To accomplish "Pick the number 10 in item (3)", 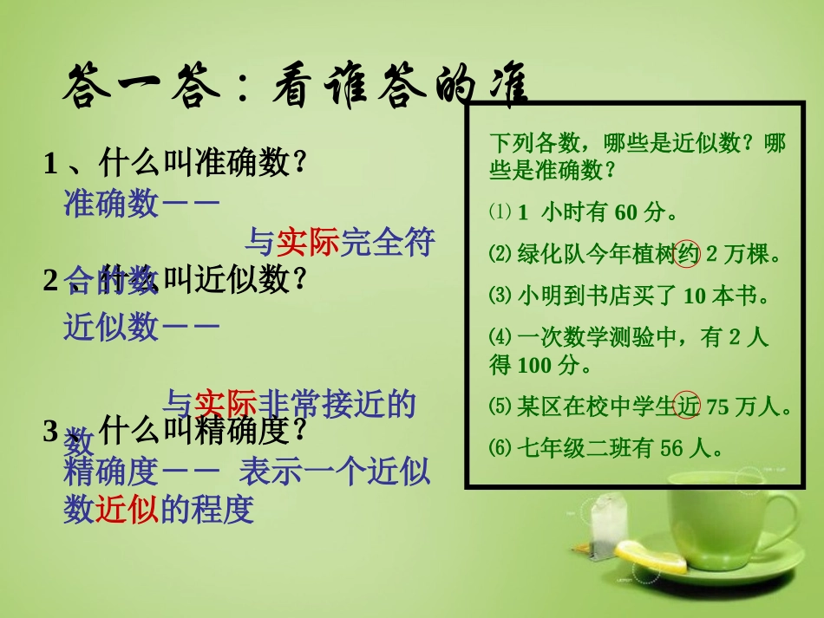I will pos(695,296).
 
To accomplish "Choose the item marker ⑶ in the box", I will pos(500,296).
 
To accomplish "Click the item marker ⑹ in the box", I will pos(500,448).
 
